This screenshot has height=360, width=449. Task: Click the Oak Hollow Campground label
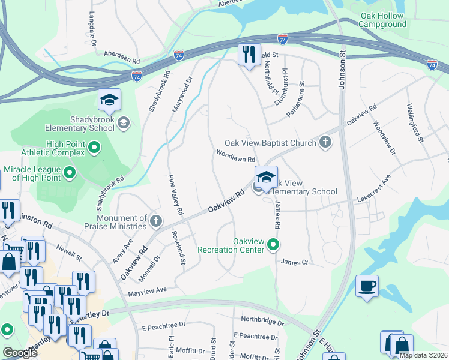pos(382,20)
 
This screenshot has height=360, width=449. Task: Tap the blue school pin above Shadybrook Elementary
pos(110,101)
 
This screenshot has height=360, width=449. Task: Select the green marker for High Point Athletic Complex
pos(94,146)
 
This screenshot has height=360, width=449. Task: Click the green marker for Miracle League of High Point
pos(70,174)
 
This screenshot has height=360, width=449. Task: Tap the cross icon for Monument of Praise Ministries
pos(156,221)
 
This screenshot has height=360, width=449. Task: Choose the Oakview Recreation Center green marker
pos(274,244)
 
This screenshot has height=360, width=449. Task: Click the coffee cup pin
pos(367,286)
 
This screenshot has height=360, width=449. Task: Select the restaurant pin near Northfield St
pos(249,56)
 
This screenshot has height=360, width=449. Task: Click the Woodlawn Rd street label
pos(236,155)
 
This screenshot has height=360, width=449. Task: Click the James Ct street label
pos(294,262)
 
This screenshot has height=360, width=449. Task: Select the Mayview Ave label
pos(147,290)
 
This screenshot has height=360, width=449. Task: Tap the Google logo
pos(20,352)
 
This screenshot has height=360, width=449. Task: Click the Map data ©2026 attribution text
pos(423,355)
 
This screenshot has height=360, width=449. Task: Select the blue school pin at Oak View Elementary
pos(266,178)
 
